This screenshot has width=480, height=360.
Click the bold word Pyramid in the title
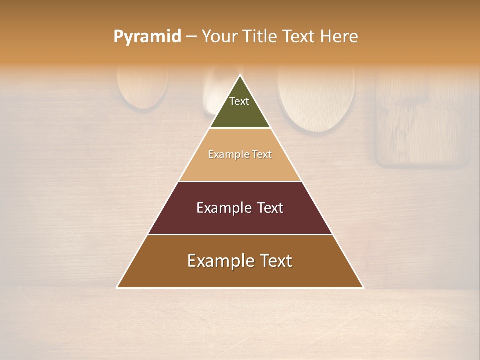tap(147, 37)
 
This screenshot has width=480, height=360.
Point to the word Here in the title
tap(339, 37)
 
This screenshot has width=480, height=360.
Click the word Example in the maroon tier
tap(223, 208)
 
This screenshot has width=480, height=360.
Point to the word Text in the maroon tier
tap(270, 208)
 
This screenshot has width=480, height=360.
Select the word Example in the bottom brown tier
tap(218, 261)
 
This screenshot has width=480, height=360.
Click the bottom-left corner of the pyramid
tap(117, 288)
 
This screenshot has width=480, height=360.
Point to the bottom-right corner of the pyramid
tap(363, 288)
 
